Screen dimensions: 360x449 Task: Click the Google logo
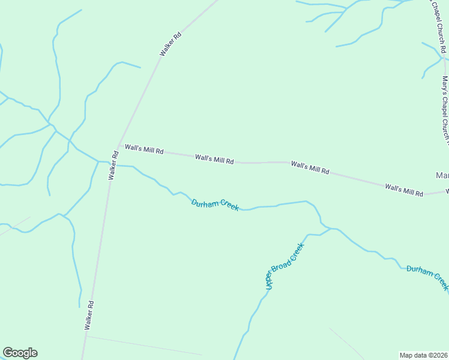pos(20,353)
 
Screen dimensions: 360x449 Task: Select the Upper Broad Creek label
pos(285,266)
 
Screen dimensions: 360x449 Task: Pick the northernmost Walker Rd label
pos(170,45)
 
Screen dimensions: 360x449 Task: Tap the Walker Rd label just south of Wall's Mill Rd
pos(112,166)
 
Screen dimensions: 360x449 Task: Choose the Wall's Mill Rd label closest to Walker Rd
pos(144,150)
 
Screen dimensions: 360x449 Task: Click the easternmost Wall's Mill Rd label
pos(404,190)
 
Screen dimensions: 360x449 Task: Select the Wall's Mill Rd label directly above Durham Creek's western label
pos(214,159)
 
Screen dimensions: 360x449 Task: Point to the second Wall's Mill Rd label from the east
pos(310,167)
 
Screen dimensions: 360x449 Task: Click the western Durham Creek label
pos(215,205)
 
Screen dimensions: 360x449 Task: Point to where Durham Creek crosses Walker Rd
pos(111,163)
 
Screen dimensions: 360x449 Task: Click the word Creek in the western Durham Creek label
pos(228,206)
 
